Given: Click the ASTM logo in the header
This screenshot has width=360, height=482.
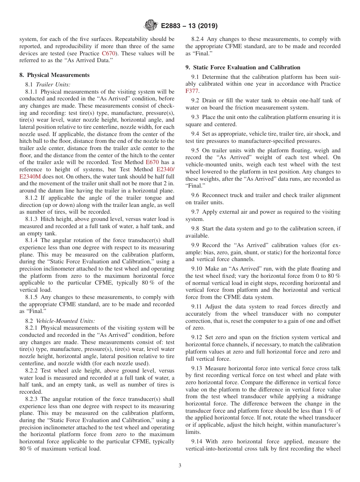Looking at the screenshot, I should [151, 26].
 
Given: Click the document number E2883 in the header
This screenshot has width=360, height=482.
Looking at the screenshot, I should [172, 26].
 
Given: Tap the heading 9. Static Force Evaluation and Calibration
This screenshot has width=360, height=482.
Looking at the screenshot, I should [243, 67].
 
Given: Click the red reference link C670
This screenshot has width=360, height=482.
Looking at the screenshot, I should [109, 54].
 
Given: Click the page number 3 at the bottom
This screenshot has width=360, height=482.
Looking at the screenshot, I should [180, 465].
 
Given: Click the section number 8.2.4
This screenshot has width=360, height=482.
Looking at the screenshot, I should [198, 39].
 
